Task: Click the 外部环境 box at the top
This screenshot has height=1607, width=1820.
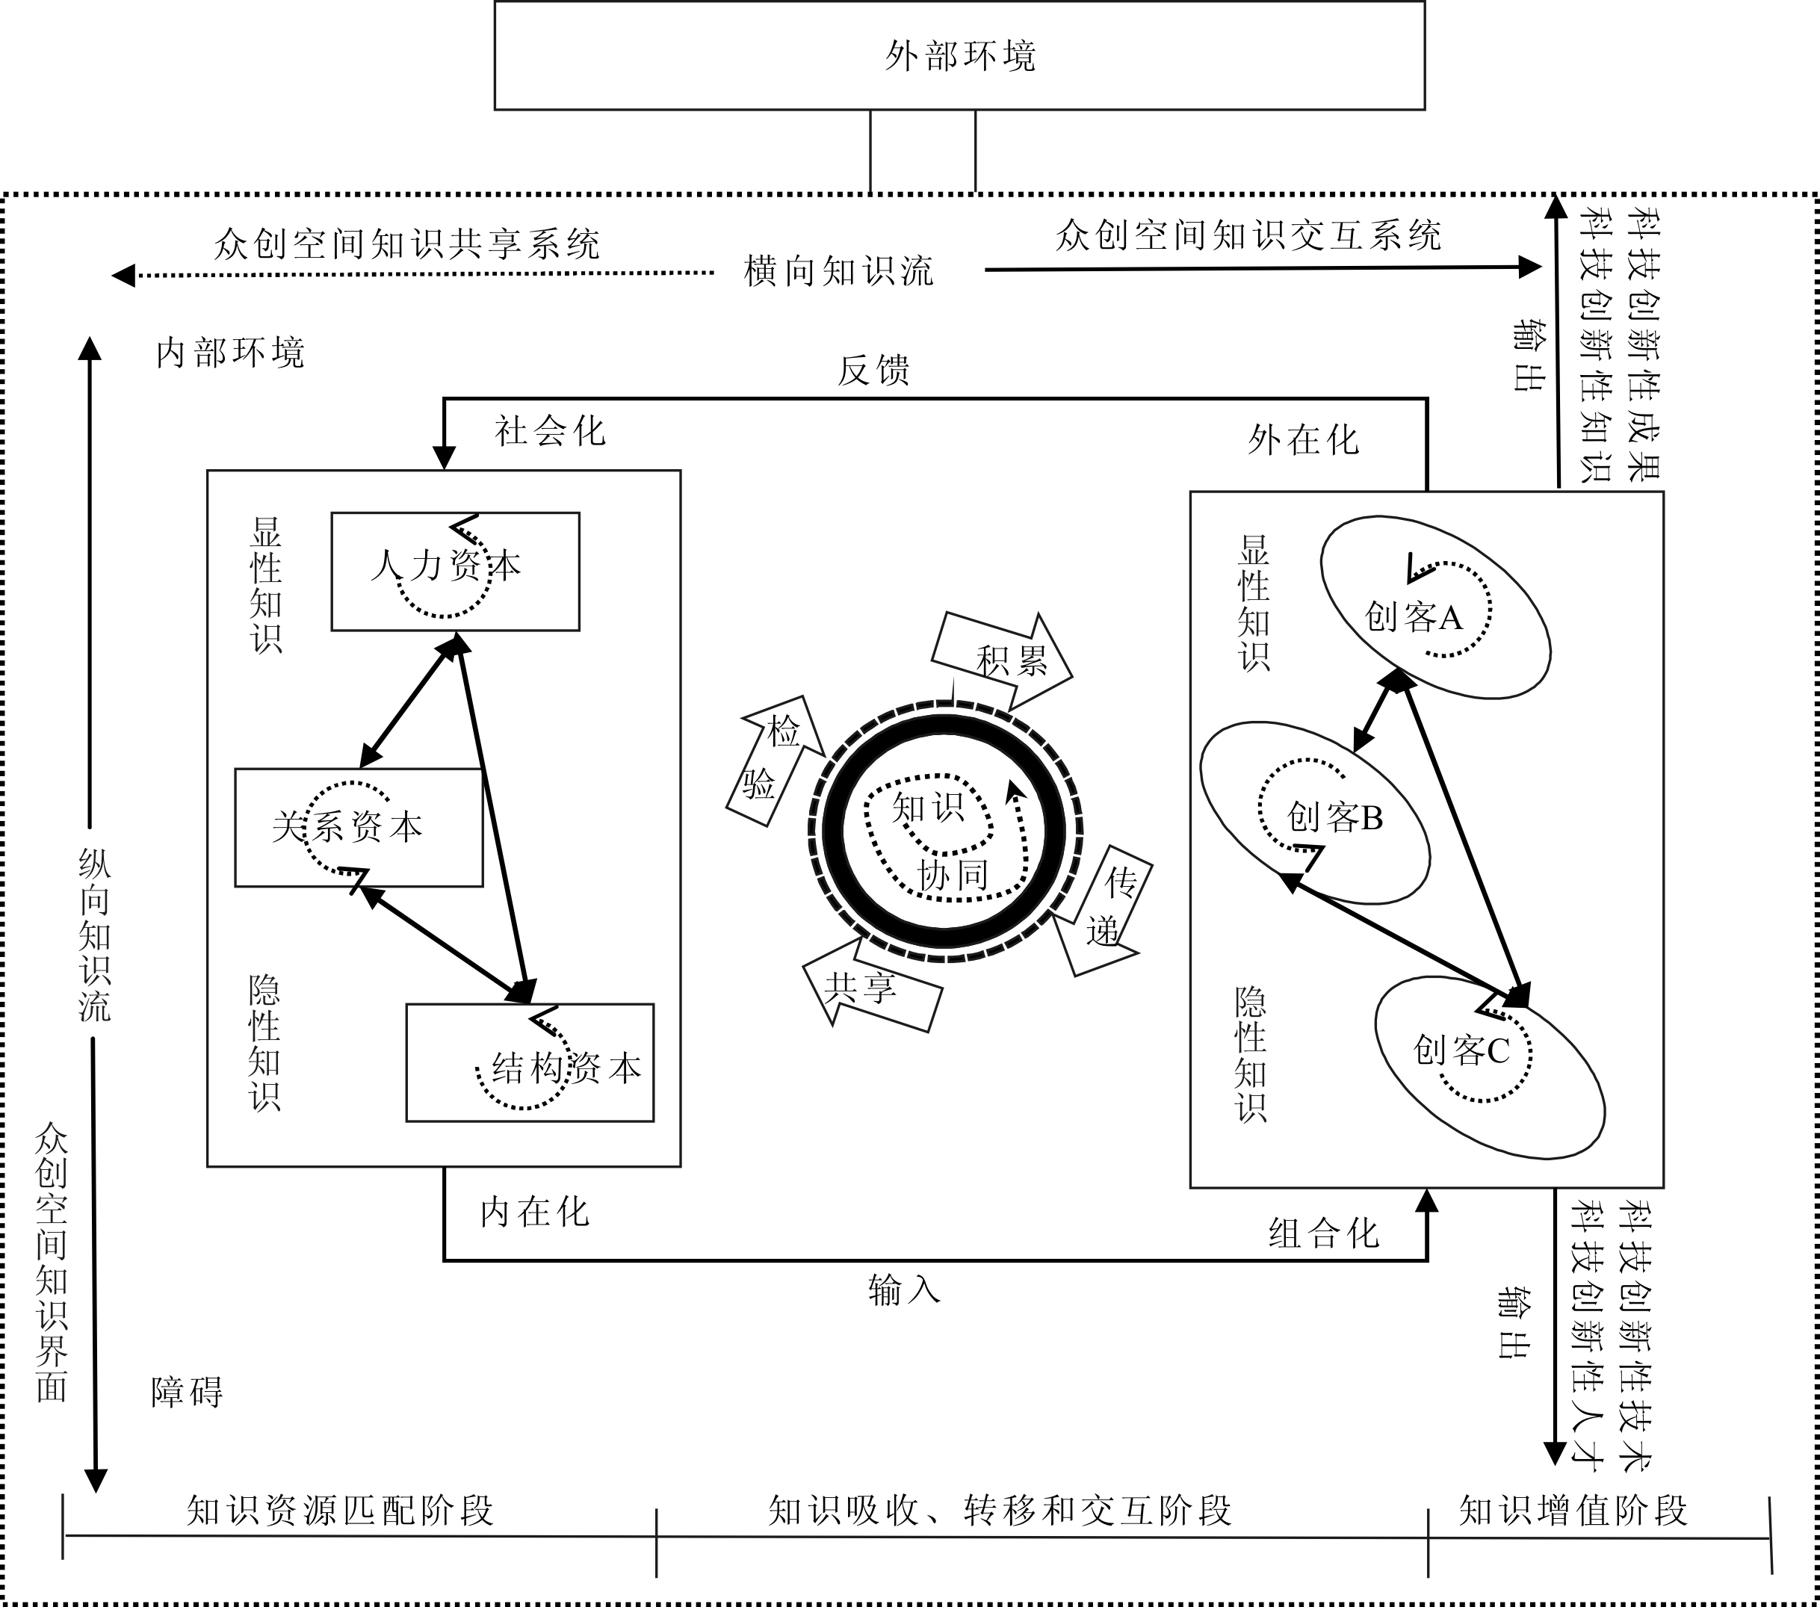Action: [x=959, y=55]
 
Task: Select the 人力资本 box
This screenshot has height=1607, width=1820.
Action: [x=455, y=571]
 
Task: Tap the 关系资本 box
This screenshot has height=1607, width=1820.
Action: [x=358, y=827]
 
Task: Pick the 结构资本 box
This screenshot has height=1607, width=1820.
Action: [x=530, y=1062]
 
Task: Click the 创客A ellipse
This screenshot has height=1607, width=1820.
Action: [x=1434, y=607]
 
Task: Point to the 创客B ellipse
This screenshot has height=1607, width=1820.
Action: [x=1315, y=812]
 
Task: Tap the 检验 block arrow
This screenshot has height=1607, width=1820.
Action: [x=772, y=758]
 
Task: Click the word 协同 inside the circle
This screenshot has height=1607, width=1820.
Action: [x=953, y=875]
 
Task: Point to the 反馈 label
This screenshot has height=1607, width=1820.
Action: [x=873, y=371]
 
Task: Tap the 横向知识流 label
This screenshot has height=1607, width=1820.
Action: [x=839, y=271]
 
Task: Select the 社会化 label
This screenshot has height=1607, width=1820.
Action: [x=549, y=432]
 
